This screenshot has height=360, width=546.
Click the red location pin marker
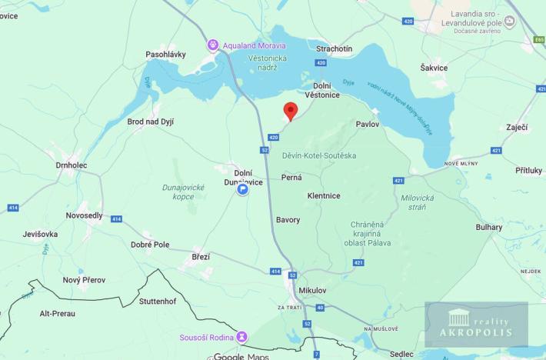tap(290, 111)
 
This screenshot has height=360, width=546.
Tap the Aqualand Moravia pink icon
tap(214, 45)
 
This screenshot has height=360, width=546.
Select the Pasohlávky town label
tap(167, 55)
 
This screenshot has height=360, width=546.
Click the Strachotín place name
tap(335, 48)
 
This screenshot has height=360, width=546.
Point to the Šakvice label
tap(434, 68)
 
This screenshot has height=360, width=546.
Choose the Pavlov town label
tap(368, 123)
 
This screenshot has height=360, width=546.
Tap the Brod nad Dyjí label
tap(155, 122)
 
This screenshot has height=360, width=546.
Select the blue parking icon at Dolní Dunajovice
tap(242, 189)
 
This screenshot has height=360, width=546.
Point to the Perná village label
tap(292, 177)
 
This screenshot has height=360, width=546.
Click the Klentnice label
tap(323, 195)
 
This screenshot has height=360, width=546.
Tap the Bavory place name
tap(288, 219)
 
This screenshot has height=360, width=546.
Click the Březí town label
tap(201, 256)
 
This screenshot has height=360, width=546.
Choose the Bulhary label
tap(488, 227)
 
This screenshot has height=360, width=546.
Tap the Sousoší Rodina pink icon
tap(242, 336)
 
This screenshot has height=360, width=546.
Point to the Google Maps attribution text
tap(239, 355)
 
